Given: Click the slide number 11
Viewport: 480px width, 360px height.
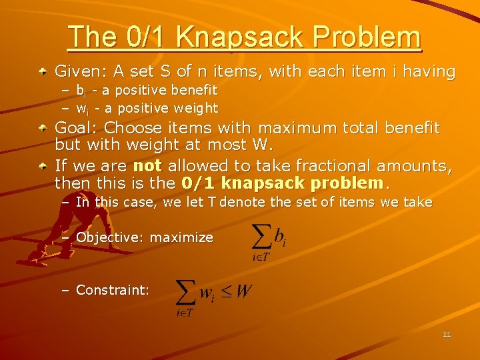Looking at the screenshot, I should (447, 334).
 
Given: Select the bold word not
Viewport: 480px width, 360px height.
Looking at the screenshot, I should (147, 165).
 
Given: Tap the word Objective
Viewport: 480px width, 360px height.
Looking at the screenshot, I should (109, 237).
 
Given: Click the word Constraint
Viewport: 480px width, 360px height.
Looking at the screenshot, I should (112, 290).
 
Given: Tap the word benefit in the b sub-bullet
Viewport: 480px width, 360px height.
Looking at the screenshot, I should (195, 90).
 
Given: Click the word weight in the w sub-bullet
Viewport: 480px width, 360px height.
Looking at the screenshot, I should (196, 108).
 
